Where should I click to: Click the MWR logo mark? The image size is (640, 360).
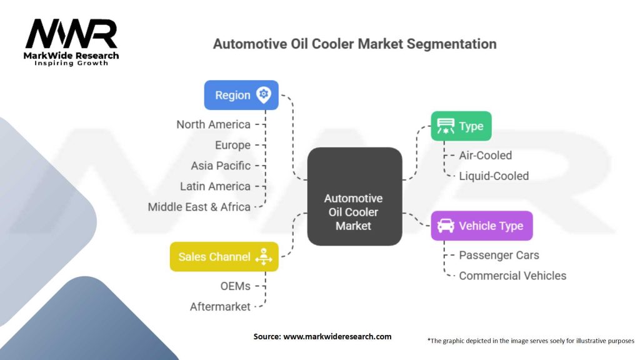(71, 34)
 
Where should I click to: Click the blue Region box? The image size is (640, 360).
(241, 95)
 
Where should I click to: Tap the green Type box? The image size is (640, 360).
(461, 126)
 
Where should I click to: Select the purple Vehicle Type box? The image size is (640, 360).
(482, 226)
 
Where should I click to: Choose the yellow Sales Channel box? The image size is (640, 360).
(224, 257)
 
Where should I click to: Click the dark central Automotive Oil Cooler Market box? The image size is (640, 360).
(355, 196)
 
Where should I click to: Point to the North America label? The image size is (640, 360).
(214, 124)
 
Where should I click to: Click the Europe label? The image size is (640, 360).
(232, 145)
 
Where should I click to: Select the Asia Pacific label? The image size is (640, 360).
(221, 166)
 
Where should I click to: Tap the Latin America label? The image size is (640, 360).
(215, 186)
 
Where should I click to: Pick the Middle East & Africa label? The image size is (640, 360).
(199, 207)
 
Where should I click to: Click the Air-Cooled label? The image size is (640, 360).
(485, 156)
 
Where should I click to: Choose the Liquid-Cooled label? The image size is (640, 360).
(494, 176)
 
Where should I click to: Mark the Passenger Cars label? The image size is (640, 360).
(499, 255)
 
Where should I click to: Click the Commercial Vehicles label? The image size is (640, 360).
(512, 276)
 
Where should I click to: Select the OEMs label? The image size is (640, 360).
(236, 286)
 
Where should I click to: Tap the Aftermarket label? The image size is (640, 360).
(220, 307)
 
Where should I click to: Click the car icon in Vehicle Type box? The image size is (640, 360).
(446, 226)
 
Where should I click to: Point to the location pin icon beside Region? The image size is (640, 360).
(264, 95)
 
